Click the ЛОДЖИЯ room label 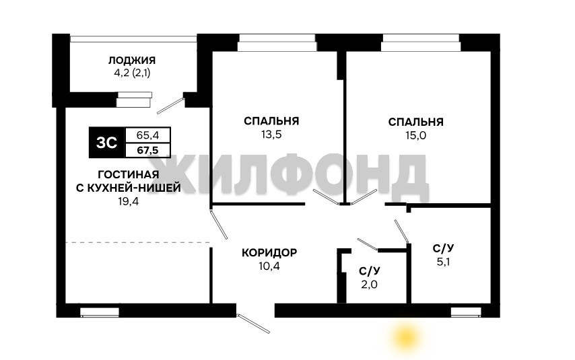point(132,60)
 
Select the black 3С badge point(107,143)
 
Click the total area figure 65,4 point(147,135)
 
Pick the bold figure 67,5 point(147,150)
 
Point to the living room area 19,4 point(129,201)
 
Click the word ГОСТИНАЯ point(129,174)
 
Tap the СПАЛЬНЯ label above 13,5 point(271,121)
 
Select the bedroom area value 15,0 point(416,136)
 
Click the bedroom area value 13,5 point(271,135)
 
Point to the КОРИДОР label point(269,252)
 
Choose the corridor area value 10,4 point(269,266)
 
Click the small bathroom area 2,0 point(369,285)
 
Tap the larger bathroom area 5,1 point(443,262)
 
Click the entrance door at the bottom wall point(253,323)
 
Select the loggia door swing point(170,106)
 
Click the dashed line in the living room point(138,242)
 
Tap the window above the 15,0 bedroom point(421,42)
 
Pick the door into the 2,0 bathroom point(368,244)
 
